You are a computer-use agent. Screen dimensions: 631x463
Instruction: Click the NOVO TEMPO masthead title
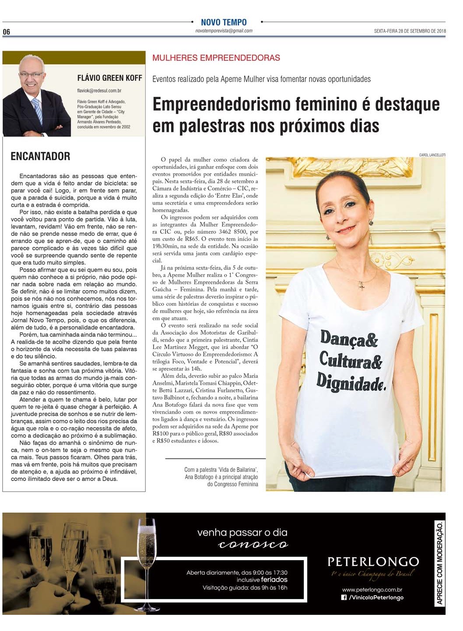224,22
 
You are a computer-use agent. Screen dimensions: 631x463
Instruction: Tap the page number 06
7,32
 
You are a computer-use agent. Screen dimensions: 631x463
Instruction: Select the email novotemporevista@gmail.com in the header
224,31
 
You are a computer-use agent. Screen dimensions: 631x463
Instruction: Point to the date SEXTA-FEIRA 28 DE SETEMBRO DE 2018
410,31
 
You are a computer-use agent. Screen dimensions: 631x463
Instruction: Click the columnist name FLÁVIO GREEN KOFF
109,78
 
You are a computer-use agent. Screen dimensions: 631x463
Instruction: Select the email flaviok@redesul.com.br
99,91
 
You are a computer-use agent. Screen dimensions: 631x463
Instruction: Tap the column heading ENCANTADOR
40,156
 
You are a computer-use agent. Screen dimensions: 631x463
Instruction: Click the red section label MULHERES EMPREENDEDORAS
216,58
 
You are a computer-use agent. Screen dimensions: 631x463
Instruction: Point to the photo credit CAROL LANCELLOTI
432,155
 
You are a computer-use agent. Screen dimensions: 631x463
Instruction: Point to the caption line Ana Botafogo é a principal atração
221,477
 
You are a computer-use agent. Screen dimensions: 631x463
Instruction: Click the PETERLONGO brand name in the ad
373,561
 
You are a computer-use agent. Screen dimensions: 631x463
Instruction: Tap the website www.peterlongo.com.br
372,590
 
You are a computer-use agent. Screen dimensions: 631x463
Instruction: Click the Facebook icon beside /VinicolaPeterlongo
344,597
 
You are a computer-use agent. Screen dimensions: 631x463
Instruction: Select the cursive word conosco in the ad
253,544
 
